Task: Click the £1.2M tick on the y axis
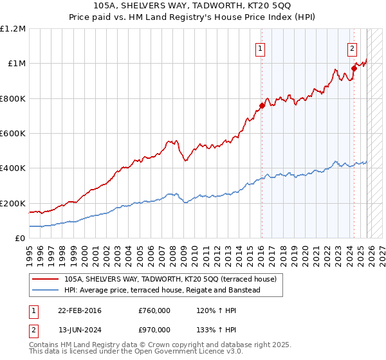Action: coord(14,29)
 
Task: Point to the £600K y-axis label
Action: coord(13,134)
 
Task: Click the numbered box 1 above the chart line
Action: coord(261,48)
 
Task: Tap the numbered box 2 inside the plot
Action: coord(353,48)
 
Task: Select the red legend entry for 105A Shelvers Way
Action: coord(170,280)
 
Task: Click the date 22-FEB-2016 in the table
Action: coord(79,310)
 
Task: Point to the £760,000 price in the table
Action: coord(154,310)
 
